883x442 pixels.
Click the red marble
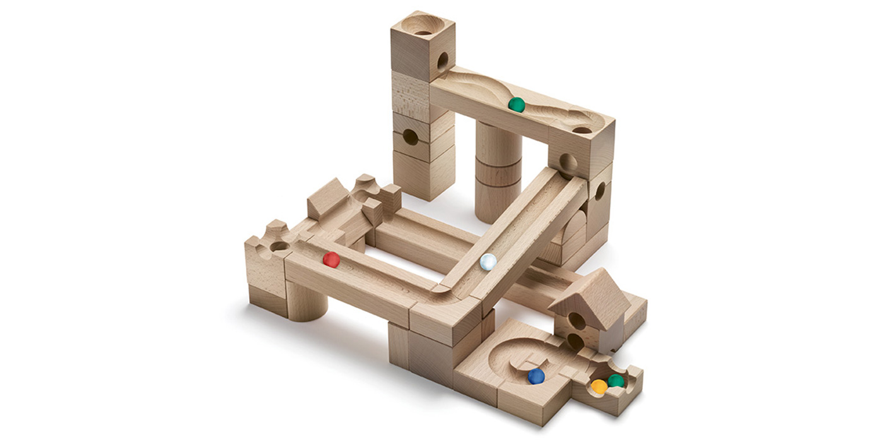click(331, 260)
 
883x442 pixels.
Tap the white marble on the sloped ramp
click(488, 262)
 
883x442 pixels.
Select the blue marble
click(535, 376)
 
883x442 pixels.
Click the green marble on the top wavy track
click(517, 105)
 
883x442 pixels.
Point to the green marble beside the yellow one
click(616, 381)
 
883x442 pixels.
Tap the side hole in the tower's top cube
click(442, 61)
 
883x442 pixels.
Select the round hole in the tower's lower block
click(410, 136)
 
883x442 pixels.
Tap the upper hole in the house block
click(576, 321)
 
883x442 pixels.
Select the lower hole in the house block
click(575, 342)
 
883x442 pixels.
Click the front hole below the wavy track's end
click(567, 164)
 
